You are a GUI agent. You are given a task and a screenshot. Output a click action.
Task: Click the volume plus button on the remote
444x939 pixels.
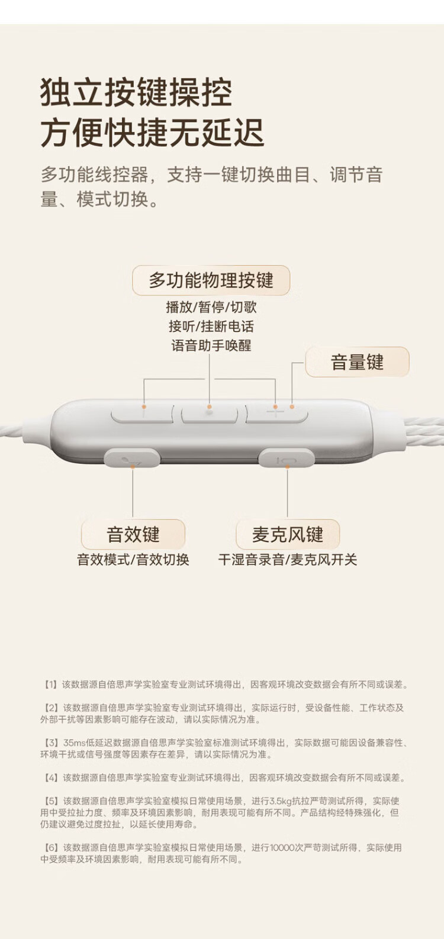(276, 414)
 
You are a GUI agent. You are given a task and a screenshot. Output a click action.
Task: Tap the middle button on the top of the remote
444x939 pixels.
(209, 414)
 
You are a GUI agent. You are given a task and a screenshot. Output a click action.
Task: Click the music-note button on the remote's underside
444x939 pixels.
(133, 459)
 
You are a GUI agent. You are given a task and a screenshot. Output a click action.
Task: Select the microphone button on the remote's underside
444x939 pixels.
(287, 459)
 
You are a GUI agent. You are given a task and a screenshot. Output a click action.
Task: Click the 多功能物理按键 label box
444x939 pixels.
(211, 280)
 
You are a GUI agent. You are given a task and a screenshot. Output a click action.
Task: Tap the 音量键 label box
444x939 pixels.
(357, 362)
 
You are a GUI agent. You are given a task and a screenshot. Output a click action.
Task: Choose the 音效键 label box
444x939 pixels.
(133, 535)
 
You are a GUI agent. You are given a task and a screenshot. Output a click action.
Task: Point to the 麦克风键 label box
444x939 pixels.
(288, 535)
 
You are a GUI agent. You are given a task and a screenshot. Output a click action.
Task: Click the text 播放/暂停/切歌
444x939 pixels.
(211, 307)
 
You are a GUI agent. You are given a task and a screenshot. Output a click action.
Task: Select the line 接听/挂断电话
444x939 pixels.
(211, 326)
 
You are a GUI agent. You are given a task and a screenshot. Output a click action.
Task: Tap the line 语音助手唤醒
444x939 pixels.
(211, 346)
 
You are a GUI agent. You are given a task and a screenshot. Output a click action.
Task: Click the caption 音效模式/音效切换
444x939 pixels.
(133, 560)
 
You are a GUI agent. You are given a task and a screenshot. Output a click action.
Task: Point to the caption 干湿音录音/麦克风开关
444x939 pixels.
(288, 560)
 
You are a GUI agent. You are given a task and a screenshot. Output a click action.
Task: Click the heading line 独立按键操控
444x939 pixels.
(136, 93)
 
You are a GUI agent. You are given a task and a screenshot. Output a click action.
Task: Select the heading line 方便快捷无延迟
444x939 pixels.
(152, 133)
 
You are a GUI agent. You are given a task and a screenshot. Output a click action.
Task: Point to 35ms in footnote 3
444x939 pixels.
(75, 743)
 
